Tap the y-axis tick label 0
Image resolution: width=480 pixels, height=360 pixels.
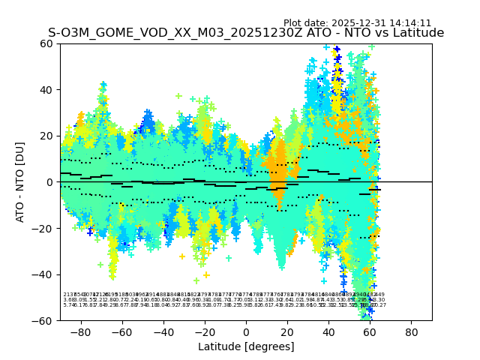(x=50, y=182)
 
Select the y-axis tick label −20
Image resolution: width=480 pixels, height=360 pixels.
(x=44, y=228)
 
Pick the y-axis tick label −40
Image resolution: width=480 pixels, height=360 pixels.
(x=44, y=274)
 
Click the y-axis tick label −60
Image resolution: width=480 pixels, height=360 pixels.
(x=44, y=320)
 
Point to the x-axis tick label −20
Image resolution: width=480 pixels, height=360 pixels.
(x=204, y=331)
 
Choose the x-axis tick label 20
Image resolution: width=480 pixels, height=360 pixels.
(x=287, y=331)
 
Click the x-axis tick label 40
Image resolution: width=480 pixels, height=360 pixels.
(x=328, y=331)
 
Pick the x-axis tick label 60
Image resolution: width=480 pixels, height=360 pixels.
(x=370, y=331)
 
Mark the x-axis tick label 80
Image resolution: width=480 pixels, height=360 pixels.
(x=411, y=331)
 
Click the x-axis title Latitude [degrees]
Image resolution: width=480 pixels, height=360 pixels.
(x=246, y=346)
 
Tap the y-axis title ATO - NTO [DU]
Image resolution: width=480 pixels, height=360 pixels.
(x=21, y=182)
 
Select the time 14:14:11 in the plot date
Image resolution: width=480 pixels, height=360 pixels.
(x=407, y=23)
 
